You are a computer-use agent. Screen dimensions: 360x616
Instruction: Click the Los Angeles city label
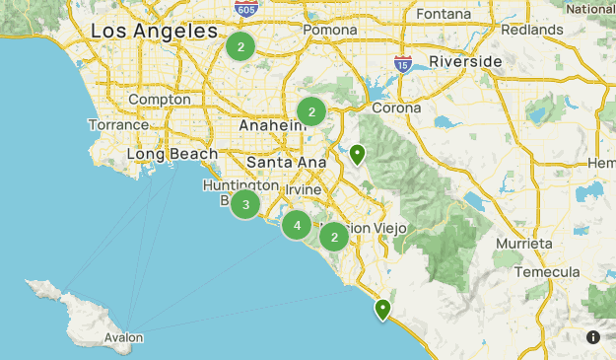153,32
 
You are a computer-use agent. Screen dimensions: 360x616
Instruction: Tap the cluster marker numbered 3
245,204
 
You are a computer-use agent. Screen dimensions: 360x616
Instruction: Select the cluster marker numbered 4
297,226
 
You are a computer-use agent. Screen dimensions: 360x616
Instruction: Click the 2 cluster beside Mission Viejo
335,237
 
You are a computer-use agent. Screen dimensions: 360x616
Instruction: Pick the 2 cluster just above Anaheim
311,111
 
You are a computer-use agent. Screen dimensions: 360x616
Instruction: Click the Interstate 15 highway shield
403,64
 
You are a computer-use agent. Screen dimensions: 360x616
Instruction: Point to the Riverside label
466,61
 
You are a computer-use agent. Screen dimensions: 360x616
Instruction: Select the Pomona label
329,30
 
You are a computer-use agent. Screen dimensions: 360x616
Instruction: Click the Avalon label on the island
123,338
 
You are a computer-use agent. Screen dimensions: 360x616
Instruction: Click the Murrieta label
522,243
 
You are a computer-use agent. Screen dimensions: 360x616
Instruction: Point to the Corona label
396,108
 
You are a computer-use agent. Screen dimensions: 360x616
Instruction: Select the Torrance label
117,125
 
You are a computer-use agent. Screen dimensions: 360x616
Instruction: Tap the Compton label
159,100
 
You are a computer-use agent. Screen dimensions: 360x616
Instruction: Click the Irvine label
305,189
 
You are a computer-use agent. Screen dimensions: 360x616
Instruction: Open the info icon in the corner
593,337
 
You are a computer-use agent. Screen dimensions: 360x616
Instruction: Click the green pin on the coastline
382,310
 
